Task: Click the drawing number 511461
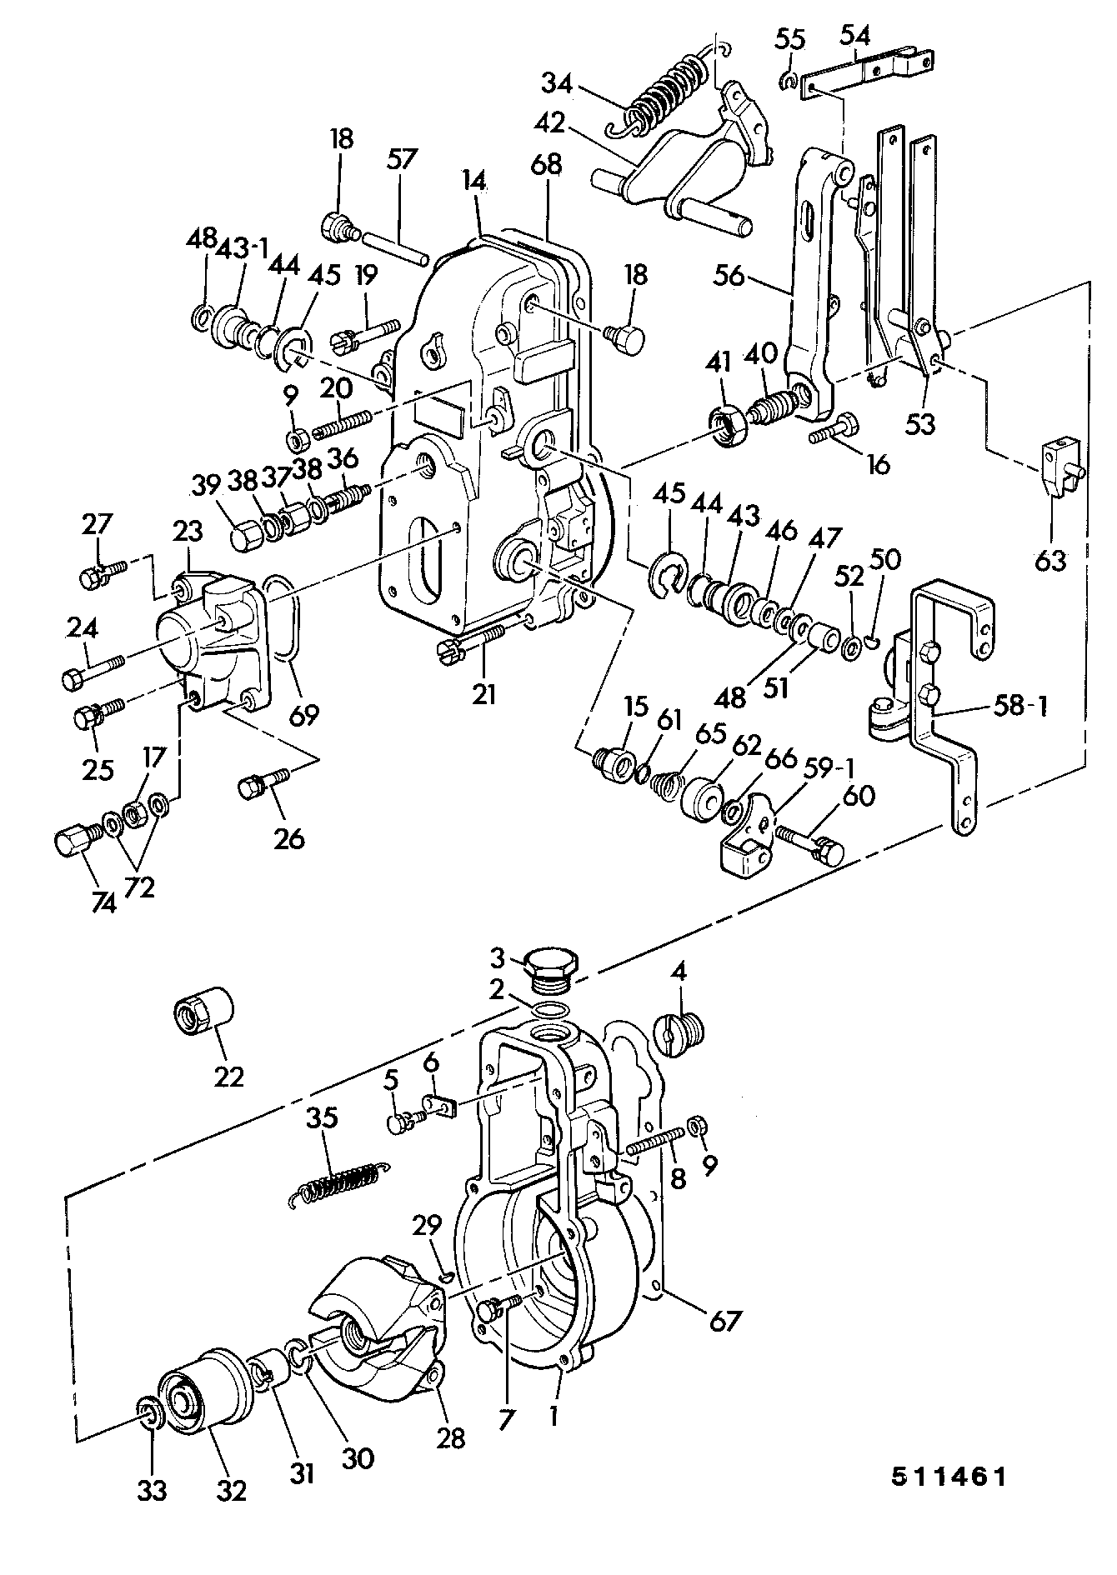click(x=948, y=1477)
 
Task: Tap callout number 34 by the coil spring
click(x=558, y=83)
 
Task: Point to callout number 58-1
click(x=1019, y=707)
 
